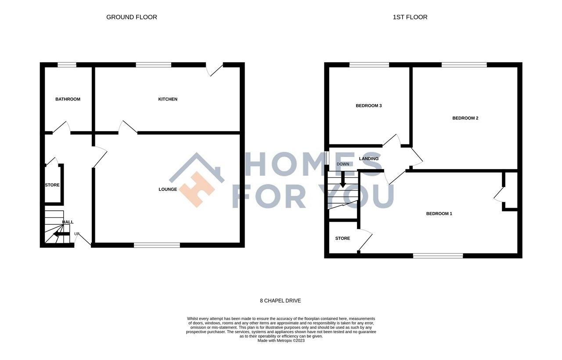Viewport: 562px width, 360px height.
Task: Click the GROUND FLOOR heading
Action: point(131,17)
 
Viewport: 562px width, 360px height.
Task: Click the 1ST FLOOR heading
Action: point(410,17)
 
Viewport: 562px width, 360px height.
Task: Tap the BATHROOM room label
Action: point(68,99)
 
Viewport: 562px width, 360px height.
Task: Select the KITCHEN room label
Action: point(168,99)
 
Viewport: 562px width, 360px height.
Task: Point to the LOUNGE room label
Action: point(168,189)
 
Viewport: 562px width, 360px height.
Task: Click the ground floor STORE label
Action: point(52,185)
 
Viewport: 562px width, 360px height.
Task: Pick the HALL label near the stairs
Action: point(68,222)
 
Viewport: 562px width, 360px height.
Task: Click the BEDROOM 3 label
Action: point(368,106)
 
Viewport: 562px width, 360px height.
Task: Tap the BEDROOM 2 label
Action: point(465,118)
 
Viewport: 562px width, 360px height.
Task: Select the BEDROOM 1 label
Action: point(439,214)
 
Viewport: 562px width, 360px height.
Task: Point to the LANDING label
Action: point(368,159)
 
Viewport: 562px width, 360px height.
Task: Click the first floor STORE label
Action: point(342,238)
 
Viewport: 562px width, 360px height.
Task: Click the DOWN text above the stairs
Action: point(342,164)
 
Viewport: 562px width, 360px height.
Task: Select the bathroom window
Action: point(67,65)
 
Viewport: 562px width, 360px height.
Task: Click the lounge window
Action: point(157,245)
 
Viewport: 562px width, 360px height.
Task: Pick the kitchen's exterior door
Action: point(215,69)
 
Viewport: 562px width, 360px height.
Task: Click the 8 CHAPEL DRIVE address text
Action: point(281,301)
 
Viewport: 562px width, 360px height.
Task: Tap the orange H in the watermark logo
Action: point(197,189)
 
